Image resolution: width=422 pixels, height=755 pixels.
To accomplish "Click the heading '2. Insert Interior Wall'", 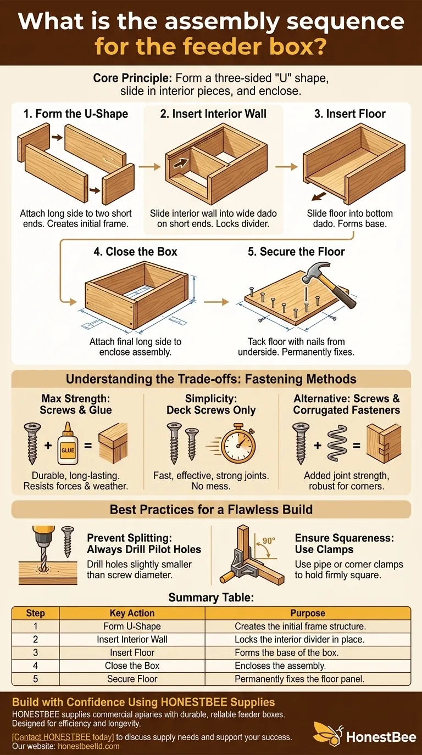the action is (213, 114).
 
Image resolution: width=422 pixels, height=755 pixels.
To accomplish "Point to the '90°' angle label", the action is (269, 540).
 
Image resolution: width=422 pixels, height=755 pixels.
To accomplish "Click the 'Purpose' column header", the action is (308, 613).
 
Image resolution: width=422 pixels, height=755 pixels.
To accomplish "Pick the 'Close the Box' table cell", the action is (132, 666).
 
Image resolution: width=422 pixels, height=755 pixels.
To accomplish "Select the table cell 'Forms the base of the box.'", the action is (287, 652).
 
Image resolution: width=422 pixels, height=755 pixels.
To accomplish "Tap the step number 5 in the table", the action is (36, 679).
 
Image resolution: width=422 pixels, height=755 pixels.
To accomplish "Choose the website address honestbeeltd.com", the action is (89, 746).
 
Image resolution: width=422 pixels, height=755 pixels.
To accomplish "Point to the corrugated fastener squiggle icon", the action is (337, 443).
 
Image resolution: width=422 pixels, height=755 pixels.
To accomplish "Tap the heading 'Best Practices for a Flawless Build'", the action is (212, 509).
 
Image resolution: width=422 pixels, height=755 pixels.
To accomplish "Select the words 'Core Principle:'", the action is (132, 78).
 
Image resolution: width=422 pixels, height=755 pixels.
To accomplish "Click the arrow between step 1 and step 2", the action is (149, 166).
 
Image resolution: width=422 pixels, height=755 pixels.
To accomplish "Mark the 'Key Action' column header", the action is (132, 613).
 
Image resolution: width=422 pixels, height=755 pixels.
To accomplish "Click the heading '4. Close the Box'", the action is (135, 251).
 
